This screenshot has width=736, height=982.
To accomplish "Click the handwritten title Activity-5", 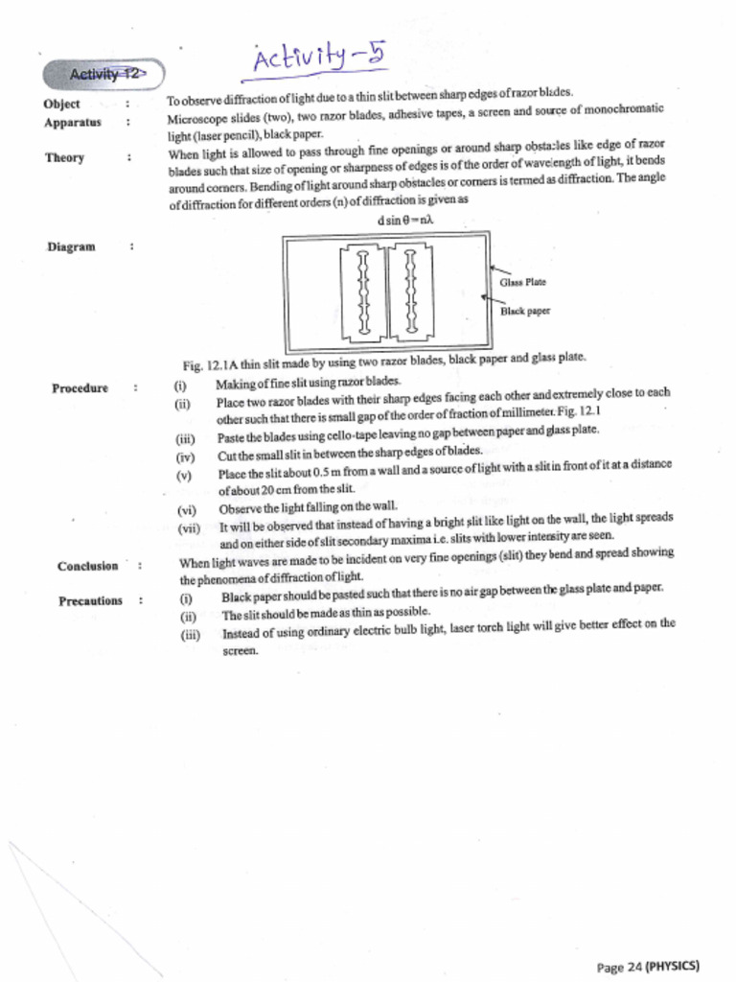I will [319, 59].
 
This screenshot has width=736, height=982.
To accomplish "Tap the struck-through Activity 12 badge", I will [103, 74].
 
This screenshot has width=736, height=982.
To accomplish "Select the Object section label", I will [61, 104].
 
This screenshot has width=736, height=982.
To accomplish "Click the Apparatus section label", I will [72, 123].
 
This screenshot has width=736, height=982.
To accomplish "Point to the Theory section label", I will [64, 158].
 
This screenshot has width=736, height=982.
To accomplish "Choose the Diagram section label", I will [71, 247].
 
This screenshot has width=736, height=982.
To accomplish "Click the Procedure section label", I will [80, 388].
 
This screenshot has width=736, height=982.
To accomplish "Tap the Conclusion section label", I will [87, 566].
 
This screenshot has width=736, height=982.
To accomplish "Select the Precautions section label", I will [90, 601].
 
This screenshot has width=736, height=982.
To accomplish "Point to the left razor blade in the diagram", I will [363, 292].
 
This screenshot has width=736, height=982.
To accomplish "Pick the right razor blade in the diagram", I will [410, 292].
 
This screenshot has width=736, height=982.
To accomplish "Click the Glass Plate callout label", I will [522, 282].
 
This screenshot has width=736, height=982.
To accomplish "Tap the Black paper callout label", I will [525, 311].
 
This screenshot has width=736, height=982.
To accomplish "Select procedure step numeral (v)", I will [184, 475].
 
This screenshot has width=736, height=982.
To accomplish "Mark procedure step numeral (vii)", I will [188, 527].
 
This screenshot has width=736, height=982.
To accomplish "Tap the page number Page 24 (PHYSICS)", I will [648, 966].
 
